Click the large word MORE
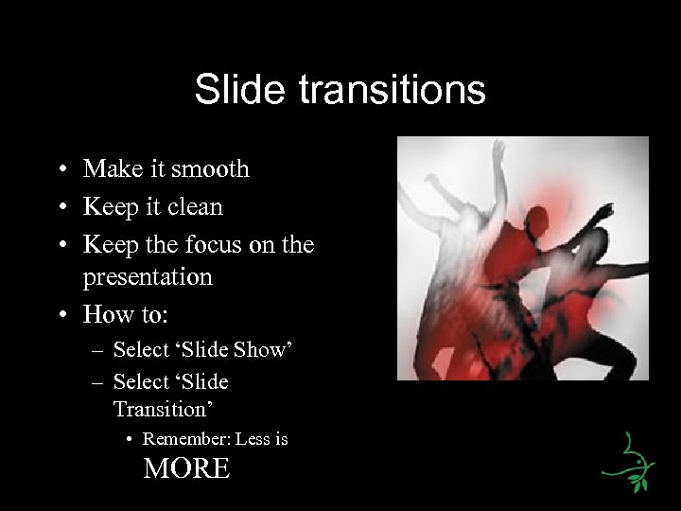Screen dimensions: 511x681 click(186, 468)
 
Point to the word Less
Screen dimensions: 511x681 click(253, 439)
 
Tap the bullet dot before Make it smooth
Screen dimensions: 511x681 click(60, 170)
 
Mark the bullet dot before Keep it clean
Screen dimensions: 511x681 click(60, 207)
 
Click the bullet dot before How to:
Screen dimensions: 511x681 click(60, 314)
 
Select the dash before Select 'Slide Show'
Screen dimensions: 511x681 click(98, 351)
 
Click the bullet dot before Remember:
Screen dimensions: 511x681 click(131, 440)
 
